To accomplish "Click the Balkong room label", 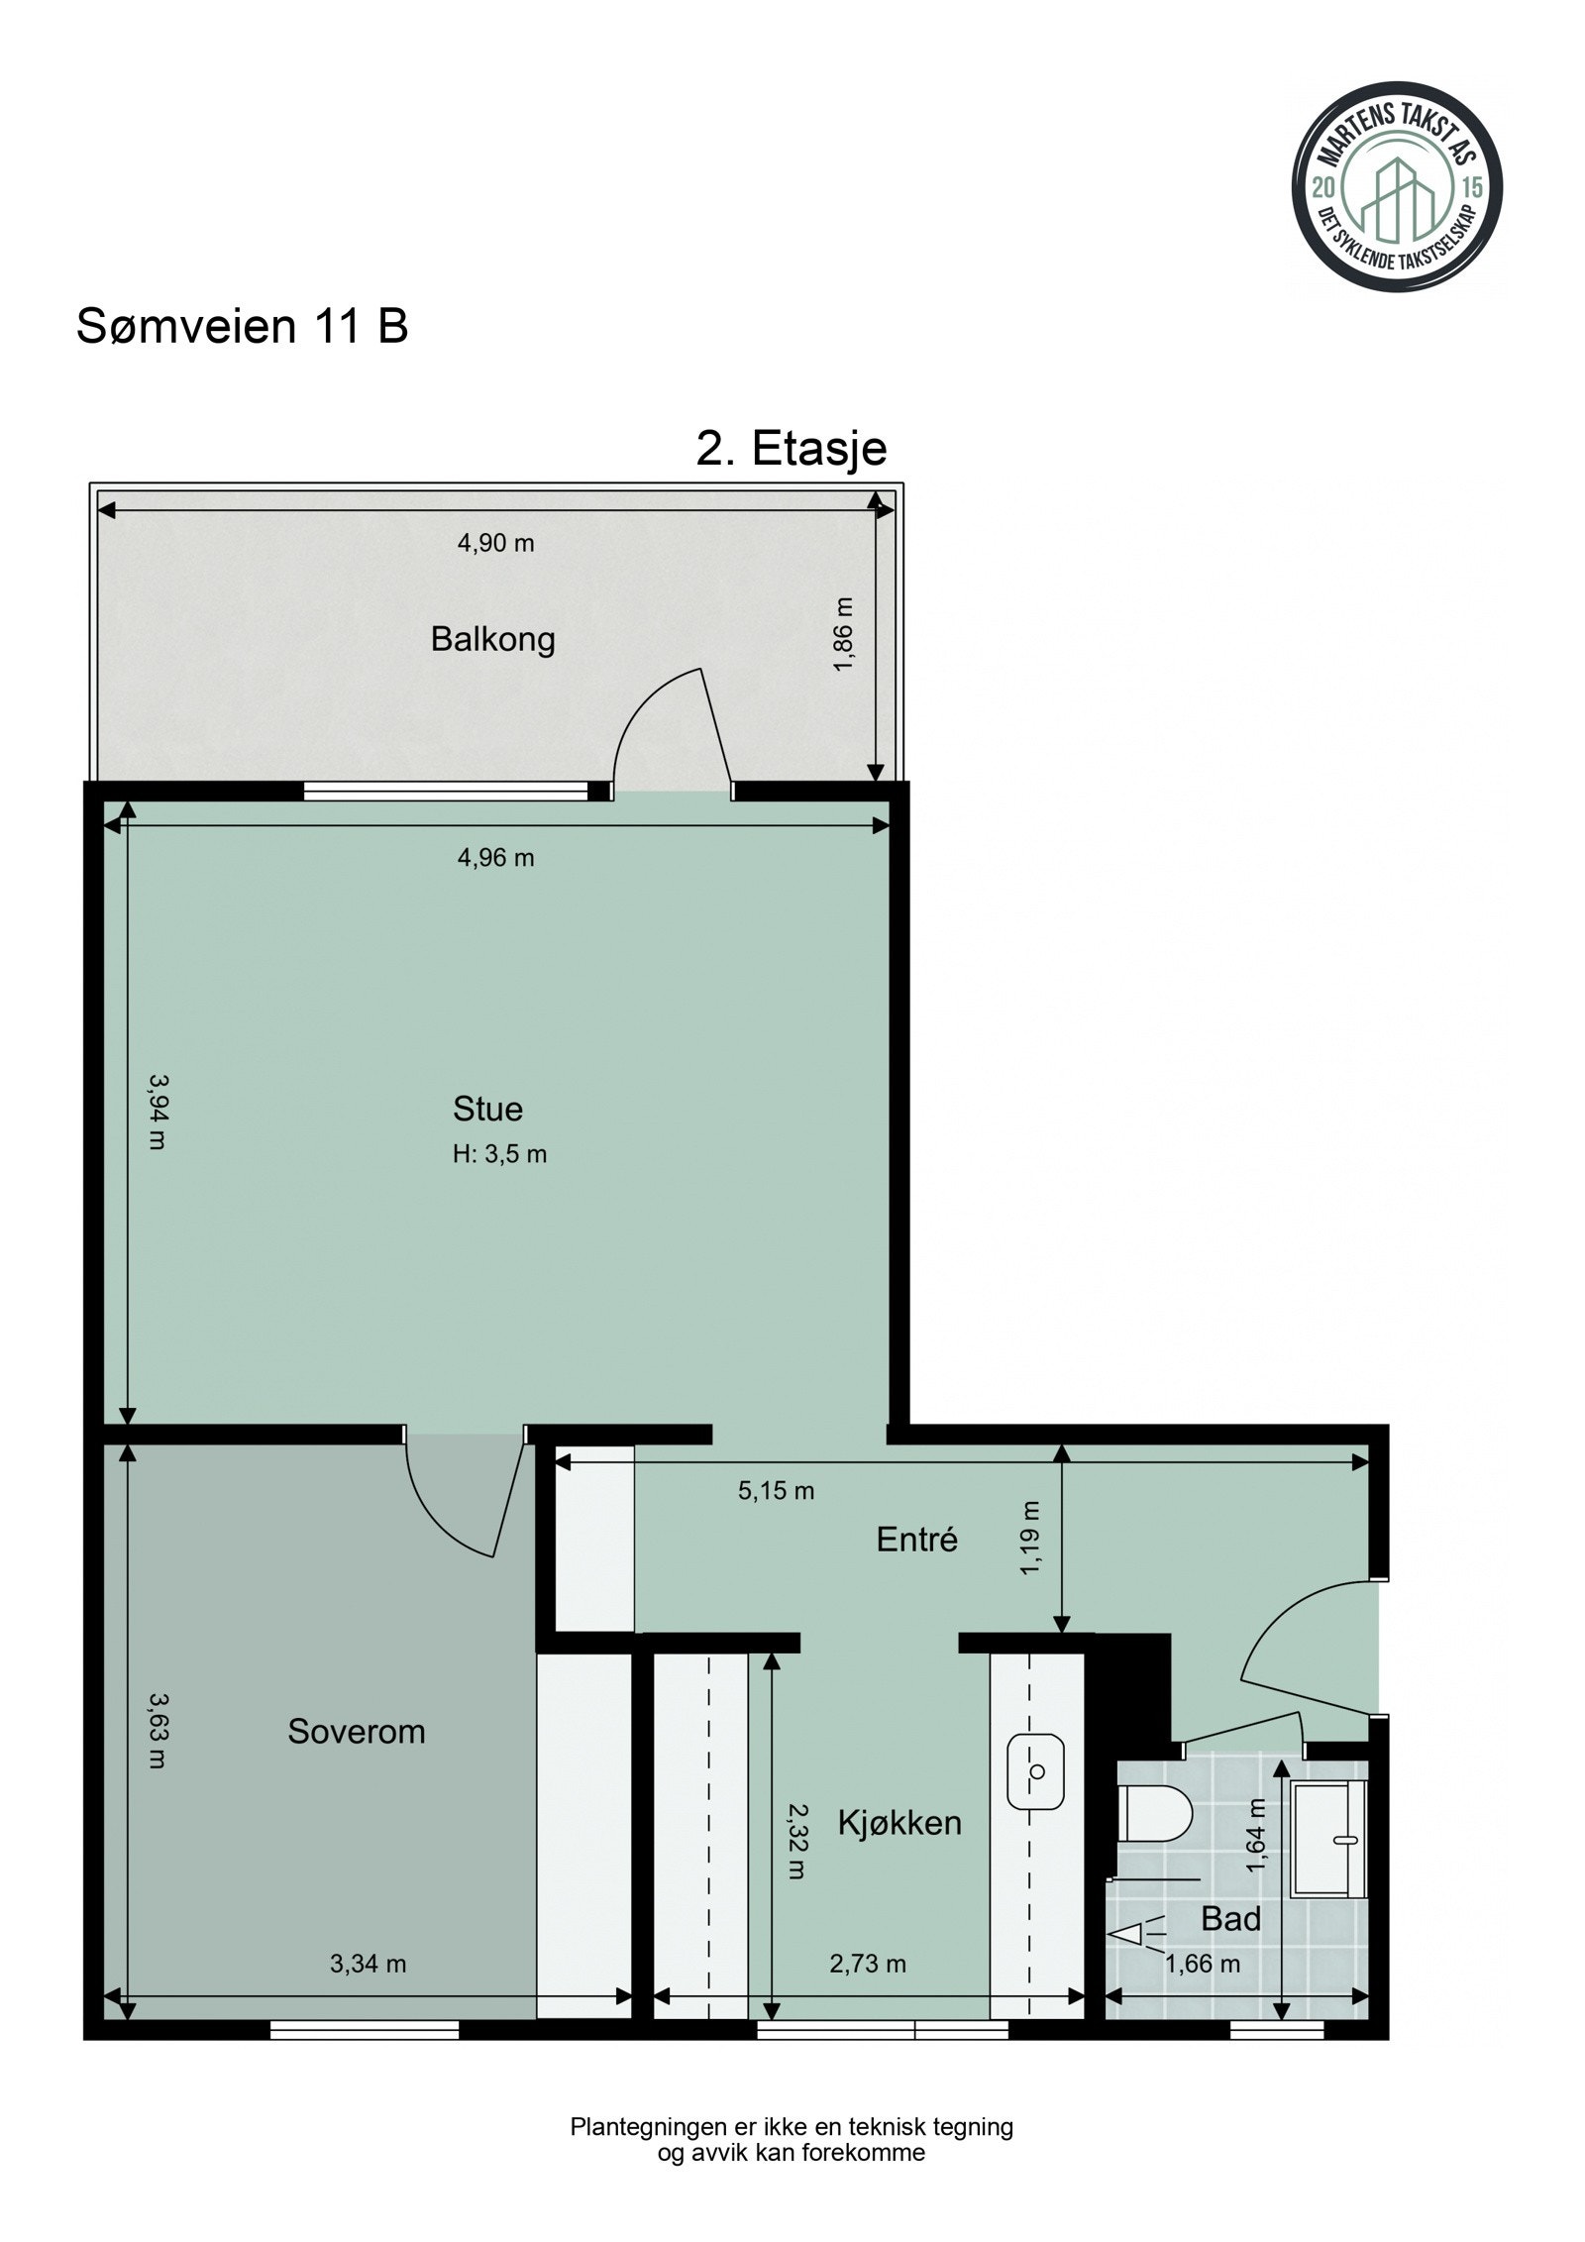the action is (x=492, y=640).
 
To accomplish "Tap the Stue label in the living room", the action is (x=487, y=1109).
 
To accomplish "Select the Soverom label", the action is (x=357, y=1731).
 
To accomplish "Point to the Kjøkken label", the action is (x=899, y=1823).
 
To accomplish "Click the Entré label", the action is (x=917, y=1539).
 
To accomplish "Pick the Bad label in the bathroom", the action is (x=1230, y=1919).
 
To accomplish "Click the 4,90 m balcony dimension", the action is (x=495, y=543).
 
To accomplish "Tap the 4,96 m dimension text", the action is (x=495, y=858).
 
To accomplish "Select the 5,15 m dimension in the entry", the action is (x=776, y=1490).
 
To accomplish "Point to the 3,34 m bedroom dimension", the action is (x=368, y=1964).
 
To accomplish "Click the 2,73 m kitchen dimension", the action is (x=868, y=1964).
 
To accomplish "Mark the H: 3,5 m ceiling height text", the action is (x=500, y=1154).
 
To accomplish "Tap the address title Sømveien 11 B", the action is (x=243, y=326).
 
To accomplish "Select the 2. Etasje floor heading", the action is (x=792, y=449).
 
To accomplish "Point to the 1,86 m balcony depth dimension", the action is (x=843, y=634).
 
